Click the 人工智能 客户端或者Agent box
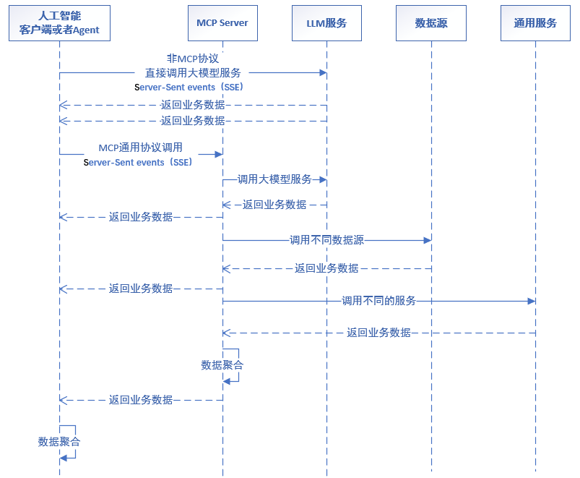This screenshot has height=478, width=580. point(59,23)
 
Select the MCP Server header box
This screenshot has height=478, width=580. point(222,23)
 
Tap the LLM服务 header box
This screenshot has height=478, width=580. point(326,23)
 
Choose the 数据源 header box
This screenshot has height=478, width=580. point(431,23)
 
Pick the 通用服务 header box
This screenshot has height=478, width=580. point(535,23)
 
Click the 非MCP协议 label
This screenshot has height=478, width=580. point(192,59)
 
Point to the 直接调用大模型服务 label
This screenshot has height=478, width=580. point(192,73)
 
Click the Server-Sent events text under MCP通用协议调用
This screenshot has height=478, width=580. point(138,163)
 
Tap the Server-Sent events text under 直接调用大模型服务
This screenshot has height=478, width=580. point(189,87)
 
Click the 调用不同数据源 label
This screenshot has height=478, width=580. point(326,240)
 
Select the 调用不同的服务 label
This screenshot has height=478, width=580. point(378,301)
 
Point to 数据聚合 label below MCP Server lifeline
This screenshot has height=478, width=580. point(222,365)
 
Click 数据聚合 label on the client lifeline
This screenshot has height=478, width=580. point(59,441)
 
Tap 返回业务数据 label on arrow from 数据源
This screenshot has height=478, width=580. point(326,268)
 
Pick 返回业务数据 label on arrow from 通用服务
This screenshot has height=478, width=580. point(378,333)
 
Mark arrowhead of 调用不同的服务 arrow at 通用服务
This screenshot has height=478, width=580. point(532,301)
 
